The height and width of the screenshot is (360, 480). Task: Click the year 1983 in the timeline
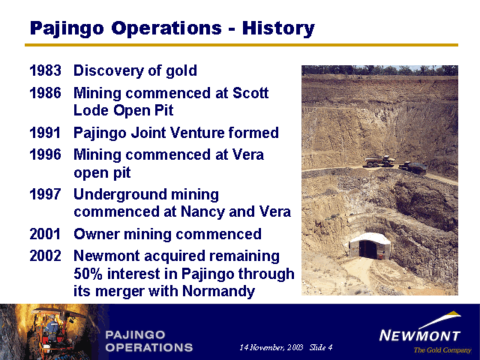click(x=45, y=71)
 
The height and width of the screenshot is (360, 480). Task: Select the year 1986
click(x=45, y=94)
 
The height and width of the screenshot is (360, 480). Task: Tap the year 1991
click(x=45, y=133)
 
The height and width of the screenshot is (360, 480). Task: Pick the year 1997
click(x=45, y=195)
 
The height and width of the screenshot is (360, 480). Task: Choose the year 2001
click(x=45, y=234)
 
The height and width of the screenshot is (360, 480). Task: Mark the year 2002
click(x=45, y=256)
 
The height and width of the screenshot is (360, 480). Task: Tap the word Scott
click(x=249, y=94)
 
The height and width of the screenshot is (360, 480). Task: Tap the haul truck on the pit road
click(x=379, y=160)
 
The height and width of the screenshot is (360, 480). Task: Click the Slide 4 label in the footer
click(x=320, y=347)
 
